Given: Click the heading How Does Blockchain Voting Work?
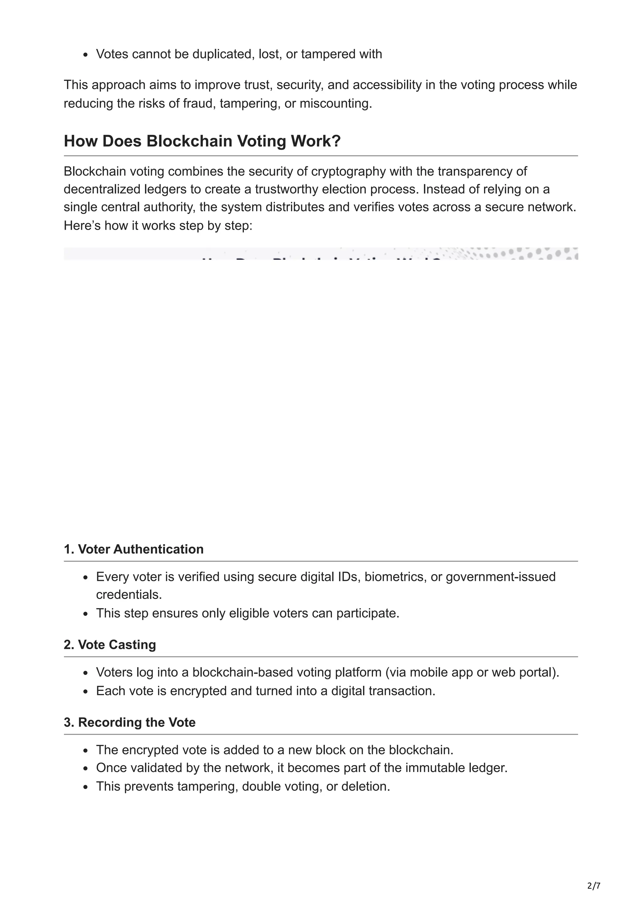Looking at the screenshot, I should tap(202, 141).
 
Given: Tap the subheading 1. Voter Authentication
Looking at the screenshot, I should tap(134, 549).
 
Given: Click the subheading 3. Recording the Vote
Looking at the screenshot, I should tap(129, 722).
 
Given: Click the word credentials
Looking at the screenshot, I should tap(129, 595).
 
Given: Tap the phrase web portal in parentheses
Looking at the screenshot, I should tap(522, 672).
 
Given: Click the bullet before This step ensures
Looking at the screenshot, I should tap(86, 614).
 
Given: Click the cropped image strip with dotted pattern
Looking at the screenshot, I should tap(321, 253).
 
